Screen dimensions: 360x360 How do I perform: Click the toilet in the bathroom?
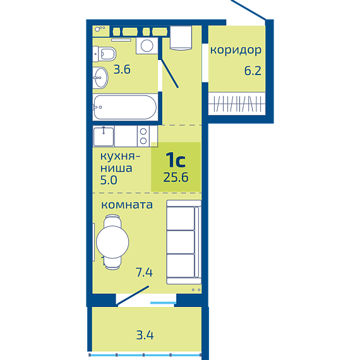104,54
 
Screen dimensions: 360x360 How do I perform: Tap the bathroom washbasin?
100,78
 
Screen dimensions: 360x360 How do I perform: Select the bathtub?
125,107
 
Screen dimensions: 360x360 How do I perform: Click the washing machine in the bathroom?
147,45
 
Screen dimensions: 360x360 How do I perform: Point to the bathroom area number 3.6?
122,69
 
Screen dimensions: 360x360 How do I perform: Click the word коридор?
236,51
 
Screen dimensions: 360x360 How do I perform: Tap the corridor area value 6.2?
253,71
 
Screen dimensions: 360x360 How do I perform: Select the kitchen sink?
104,136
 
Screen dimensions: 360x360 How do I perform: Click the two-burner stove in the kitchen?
143,136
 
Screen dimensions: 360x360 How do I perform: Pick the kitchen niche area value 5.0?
109,180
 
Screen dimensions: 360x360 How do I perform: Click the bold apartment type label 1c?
176,160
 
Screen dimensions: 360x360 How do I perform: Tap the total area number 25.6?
176,177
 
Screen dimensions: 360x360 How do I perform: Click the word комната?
127,205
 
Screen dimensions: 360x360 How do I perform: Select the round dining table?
112,242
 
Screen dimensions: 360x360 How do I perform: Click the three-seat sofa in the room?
184,243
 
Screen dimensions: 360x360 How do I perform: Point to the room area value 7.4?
144,272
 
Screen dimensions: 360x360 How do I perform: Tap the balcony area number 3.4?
145,335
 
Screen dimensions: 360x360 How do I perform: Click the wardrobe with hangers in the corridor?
237,104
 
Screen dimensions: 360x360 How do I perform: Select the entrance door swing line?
169,73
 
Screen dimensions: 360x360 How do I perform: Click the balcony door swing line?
133,296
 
